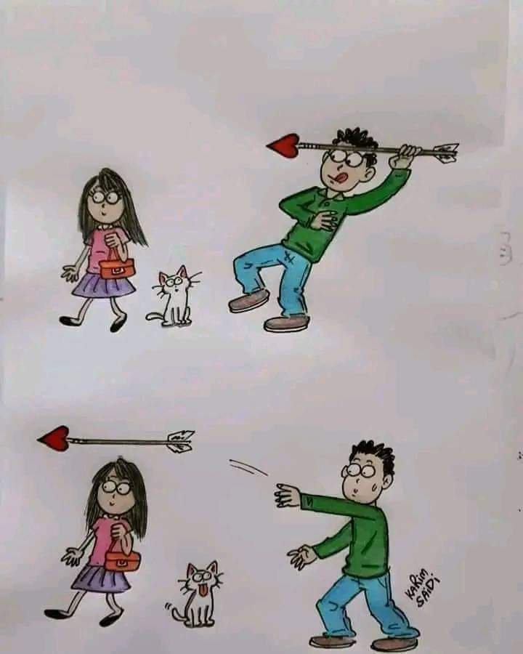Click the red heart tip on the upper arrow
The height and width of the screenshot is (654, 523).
click(x=283, y=145)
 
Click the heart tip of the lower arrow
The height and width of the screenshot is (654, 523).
click(x=54, y=438)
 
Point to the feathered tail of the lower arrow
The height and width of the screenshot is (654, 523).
click(x=179, y=440)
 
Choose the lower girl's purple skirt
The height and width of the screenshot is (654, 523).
click(x=102, y=578)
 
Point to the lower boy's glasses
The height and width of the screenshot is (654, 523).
click(x=357, y=470)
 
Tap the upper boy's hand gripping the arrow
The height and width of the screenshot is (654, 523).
click(x=407, y=154)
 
